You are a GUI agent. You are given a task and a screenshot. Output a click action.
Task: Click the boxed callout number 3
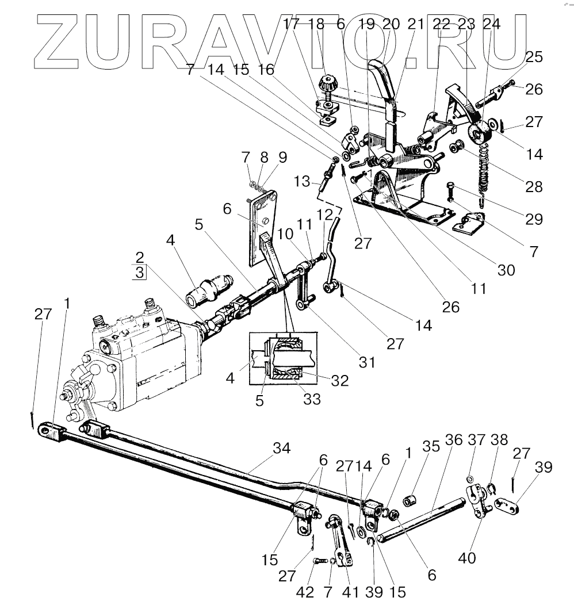(140, 272)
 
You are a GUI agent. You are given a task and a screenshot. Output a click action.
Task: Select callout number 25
(534, 58)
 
